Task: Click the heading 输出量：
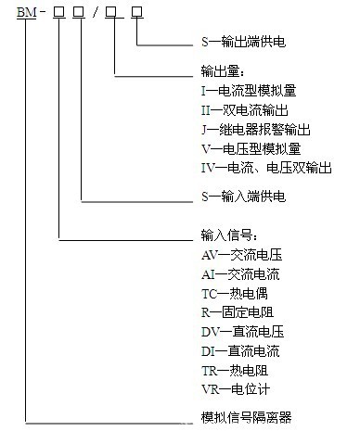coord(223,70)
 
